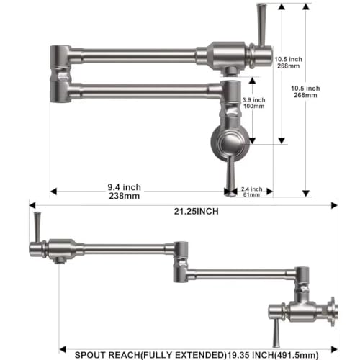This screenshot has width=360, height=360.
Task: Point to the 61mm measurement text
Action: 250,194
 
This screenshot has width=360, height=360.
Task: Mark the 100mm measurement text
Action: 254,107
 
